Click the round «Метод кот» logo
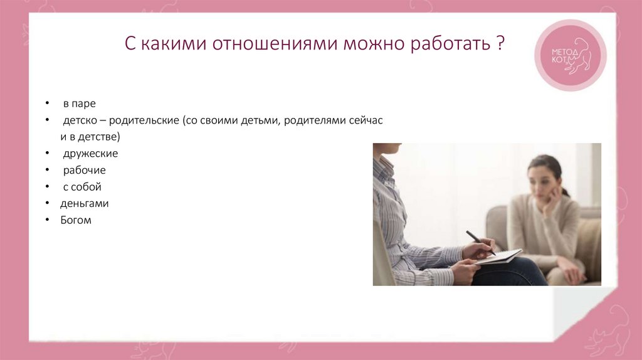570,55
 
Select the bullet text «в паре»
78,103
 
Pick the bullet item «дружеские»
90,153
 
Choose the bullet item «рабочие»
83,170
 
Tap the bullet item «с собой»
82,187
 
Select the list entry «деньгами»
85,203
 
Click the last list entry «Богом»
76,220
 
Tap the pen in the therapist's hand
480,242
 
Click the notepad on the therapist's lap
498,257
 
